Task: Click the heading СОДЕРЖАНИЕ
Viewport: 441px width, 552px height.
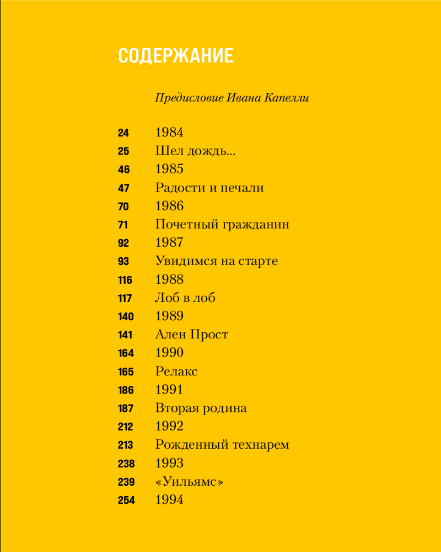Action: pos(176,56)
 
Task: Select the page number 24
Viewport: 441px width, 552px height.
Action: pos(123,133)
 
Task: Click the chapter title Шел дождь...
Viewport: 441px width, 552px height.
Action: pos(195,151)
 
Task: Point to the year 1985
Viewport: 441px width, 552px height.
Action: pos(169,169)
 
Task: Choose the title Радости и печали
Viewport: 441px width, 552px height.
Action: pos(209,188)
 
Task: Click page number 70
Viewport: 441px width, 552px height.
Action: pos(123,206)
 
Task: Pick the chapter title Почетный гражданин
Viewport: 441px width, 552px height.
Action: pos(222,225)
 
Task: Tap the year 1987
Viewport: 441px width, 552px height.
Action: pos(169,243)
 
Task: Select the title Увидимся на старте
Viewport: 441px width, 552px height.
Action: pos(217,261)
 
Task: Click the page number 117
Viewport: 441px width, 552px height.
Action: pos(125,299)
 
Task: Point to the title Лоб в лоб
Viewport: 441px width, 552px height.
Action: pos(185,298)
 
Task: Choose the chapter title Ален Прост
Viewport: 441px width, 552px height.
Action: pos(191,335)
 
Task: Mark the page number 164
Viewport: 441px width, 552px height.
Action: pos(126,353)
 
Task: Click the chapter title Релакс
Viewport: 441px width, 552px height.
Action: pos(176,371)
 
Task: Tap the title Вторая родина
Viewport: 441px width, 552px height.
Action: pos(201,408)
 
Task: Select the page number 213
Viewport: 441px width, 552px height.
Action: pos(126,445)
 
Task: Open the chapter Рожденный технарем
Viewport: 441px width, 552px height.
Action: pos(222,445)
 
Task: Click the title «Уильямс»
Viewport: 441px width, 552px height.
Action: pos(189,482)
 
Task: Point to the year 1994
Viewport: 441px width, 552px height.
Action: pos(169,500)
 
